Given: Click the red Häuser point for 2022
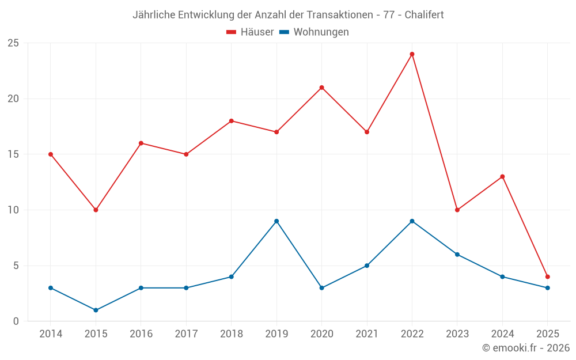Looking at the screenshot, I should (412, 54).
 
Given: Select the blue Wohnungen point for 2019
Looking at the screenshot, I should (276, 221).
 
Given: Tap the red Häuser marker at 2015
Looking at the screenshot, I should (96, 210).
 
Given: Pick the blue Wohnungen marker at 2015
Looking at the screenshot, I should (96, 310).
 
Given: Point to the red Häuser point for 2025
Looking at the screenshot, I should (547, 276).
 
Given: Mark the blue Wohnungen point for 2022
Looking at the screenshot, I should (412, 221).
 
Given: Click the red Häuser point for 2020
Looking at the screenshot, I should (321, 88).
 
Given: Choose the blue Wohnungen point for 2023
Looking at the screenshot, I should (457, 255).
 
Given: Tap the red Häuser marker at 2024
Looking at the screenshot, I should (502, 176).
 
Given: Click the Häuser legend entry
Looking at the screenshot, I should (250, 32).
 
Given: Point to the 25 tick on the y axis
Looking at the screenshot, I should (13, 43).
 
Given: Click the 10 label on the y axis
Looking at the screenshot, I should (13, 210).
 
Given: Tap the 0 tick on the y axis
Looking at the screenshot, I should (16, 321).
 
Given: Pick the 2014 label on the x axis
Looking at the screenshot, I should (51, 334).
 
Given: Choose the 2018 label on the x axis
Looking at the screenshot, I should (231, 334).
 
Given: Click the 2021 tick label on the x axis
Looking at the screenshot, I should (367, 334).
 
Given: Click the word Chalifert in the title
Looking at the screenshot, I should (424, 15).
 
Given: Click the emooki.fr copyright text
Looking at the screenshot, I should (526, 348).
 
